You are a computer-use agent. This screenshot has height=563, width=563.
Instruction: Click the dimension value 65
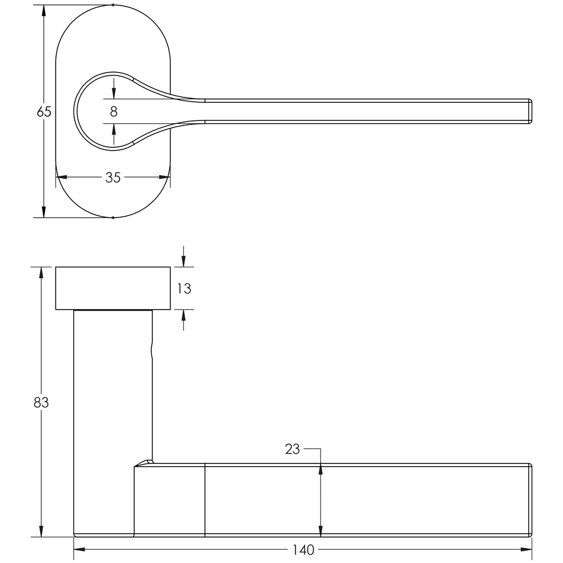click(44, 112)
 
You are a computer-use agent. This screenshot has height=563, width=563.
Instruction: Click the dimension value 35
click(113, 178)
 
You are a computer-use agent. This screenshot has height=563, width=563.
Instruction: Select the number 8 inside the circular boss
click(113, 112)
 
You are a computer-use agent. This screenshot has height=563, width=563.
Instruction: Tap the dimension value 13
click(184, 288)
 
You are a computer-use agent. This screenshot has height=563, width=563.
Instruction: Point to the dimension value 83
click(41, 403)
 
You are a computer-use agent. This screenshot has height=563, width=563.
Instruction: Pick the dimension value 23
click(292, 449)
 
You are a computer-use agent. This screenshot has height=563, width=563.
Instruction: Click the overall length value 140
click(303, 550)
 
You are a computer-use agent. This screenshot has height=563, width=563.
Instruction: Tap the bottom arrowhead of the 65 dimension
click(44, 212)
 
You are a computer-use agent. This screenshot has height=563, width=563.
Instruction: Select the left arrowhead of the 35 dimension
click(62, 178)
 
